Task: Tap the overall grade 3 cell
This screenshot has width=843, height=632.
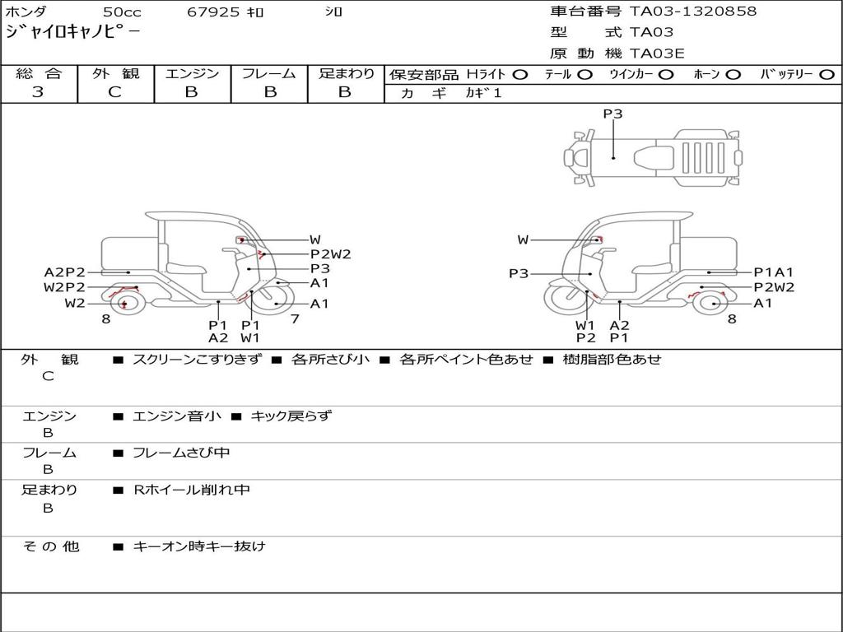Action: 38,92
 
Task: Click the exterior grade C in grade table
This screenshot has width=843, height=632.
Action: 115,92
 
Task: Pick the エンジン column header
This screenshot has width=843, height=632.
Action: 192,74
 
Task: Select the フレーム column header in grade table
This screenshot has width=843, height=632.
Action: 268,74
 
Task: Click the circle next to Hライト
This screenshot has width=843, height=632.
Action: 520,75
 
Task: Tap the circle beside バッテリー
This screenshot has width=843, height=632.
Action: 827,75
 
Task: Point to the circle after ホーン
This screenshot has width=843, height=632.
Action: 733,75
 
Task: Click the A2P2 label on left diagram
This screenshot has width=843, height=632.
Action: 64,272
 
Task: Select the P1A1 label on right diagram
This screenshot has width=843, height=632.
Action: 774,272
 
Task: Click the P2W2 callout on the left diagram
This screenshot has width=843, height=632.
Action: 330,254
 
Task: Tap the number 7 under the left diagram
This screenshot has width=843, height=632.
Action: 294,318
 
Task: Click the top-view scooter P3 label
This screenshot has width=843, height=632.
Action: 612,114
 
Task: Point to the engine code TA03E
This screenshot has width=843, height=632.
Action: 657,54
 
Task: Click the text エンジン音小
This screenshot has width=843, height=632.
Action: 177,416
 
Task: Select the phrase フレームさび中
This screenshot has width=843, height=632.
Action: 181,453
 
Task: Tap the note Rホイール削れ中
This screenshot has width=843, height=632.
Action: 192,490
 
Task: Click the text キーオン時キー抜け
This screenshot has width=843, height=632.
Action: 199,546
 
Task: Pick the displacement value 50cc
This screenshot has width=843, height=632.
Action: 122,12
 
